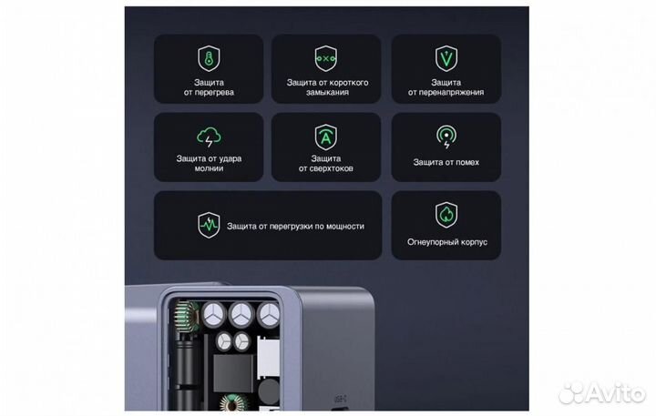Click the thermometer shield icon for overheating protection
pyautogui.click(x=210, y=59)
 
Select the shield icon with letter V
pyautogui.click(x=446, y=59)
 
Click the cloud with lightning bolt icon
pyautogui.click(x=210, y=138)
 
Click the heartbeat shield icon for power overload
pyautogui.click(x=209, y=225)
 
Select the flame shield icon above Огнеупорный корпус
pyautogui.click(x=446, y=216)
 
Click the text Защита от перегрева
pyautogui.click(x=210, y=86)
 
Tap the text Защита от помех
pyautogui.click(x=446, y=162)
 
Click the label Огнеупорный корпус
pyautogui.click(x=446, y=243)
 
